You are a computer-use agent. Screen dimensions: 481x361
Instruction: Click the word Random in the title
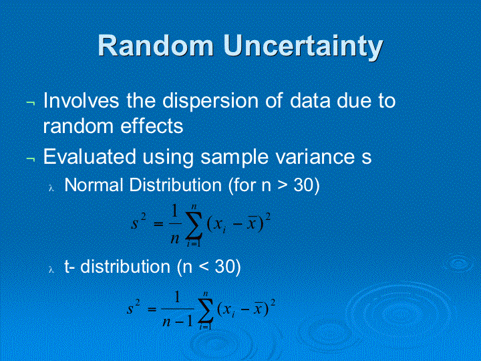(x=156, y=45)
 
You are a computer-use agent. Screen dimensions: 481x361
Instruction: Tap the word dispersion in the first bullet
(x=210, y=101)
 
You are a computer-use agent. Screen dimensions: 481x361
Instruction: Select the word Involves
(x=81, y=100)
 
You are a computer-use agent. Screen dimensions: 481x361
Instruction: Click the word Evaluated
(x=90, y=156)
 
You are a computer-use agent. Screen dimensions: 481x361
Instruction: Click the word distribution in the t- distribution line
(x=125, y=266)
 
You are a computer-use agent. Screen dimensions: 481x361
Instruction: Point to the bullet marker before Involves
(x=30, y=103)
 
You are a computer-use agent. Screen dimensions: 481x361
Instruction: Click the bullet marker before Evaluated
(x=30, y=158)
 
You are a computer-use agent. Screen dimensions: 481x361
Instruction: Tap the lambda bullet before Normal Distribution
(x=51, y=188)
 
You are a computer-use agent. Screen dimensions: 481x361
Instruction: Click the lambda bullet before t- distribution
(x=51, y=269)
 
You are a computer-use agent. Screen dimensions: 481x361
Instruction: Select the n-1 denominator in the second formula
(x=178, y=321)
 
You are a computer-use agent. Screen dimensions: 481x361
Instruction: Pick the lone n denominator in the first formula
(x=175, y=239)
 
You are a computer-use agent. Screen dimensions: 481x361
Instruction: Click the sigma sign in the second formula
(x=206, y=310)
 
